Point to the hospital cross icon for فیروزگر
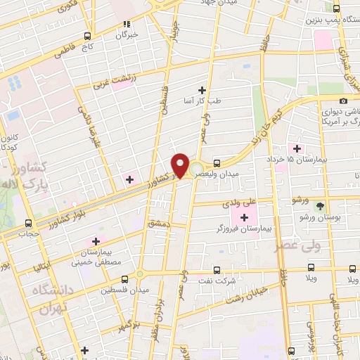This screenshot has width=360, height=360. (244, 218)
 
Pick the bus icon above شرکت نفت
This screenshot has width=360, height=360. (217, 271)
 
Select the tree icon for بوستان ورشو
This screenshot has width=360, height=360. (320, 206)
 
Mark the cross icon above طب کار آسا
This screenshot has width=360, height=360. (202, 90)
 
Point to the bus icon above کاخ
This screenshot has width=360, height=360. (87, 35)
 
